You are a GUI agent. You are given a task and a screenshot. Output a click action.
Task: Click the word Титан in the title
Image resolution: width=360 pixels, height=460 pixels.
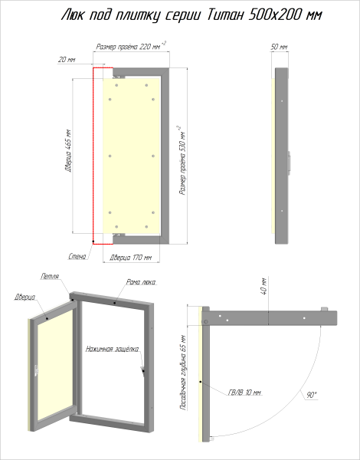click(x=225, y=15)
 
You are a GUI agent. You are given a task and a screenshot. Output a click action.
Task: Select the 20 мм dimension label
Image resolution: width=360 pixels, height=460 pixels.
click(x=67, y=60)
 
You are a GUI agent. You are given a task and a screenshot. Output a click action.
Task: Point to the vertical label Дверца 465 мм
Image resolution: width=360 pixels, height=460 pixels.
click(x=68, y=150)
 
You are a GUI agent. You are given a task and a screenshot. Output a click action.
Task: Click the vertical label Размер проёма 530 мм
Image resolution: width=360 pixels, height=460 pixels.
click(x=182, y=161)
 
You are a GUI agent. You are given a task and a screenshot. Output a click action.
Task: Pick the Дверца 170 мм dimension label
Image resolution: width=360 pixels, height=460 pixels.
click(x=131, y=258)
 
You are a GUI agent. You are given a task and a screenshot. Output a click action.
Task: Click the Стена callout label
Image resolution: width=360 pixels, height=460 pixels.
click(x=77, y=256)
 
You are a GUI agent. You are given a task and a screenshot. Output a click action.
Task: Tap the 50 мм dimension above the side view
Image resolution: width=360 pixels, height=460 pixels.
click(x=279, y=47)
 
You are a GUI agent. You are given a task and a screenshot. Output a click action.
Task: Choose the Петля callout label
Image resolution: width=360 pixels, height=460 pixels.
click(x=50, y=276)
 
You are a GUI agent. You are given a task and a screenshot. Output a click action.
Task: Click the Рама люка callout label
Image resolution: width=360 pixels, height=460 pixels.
click(x=141, y=282)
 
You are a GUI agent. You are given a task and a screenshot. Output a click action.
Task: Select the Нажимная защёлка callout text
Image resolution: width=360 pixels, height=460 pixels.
click(x=113, y=349)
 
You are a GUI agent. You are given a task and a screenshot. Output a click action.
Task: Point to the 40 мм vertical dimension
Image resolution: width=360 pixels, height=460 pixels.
click(x=263, y=286)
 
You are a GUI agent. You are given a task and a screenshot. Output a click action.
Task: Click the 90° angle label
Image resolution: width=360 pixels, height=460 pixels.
click(x=312, y=395)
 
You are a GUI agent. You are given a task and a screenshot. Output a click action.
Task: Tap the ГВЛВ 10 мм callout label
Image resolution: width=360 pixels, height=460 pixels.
click(x=244, y=393)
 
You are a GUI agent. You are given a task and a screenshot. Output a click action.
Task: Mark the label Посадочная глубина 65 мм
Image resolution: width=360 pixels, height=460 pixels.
click(x=183, y=373)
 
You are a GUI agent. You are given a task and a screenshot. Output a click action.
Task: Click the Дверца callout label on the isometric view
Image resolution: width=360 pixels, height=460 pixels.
click(x=25, y=297)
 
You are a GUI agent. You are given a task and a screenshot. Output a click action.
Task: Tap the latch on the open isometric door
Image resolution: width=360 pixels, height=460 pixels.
click(x=36, y=370)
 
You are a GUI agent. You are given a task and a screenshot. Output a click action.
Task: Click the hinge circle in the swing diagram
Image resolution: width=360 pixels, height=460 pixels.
click(x=206, y=322)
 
